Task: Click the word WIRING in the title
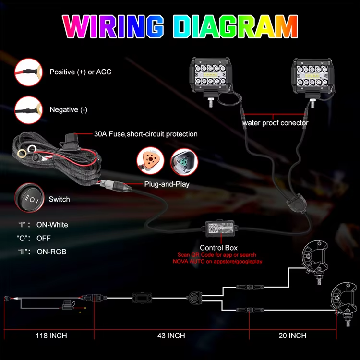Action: tap(113, 26)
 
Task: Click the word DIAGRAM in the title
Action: tap(235, 26)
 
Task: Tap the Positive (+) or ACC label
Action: tap(80, 72)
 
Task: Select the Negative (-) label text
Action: tap(69, 110)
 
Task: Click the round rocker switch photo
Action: tap(29, 198)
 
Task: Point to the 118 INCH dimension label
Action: tap(51, 336)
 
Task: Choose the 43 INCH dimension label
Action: tap(171, 336)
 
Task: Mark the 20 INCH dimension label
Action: tap(292, 336)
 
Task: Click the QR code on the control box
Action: tap(213, 228)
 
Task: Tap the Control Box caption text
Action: tap(218, 248)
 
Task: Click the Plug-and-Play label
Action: tap(167, 184)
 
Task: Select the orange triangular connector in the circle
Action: tap(150, 160)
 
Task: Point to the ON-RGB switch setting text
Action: tap(51, 252)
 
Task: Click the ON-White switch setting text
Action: tap(52, 225)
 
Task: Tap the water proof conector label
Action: tap(276, 123)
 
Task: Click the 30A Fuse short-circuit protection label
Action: tap(146, 134)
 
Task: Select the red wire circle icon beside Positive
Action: tap(28, 72)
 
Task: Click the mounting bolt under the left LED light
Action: tap(211, 101)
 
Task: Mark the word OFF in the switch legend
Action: tap(43, 238)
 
